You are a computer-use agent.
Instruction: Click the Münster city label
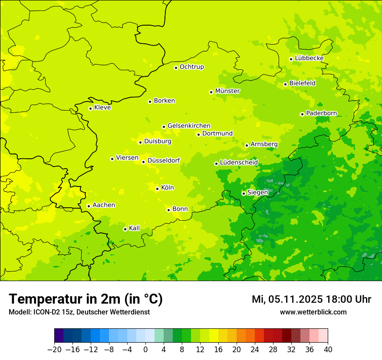point(227,91)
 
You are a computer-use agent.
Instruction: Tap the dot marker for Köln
point(157,189)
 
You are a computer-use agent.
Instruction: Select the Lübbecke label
point(309,58)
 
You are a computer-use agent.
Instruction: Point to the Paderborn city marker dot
point(302,114)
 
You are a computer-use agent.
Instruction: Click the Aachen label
point(104,205)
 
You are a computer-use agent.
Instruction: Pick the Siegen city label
point(257,193)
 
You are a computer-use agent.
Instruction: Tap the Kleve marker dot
point(90,108)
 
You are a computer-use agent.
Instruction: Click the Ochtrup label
point(192,67)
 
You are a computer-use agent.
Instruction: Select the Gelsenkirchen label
point(189,126)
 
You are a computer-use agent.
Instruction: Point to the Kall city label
point(135,228)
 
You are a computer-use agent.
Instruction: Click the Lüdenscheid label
point(239,163)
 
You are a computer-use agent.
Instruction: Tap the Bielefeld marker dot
point(285,84)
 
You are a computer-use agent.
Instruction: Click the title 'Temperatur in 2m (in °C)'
point(86,299)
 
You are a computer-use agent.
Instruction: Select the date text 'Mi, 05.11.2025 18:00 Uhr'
point(311,299)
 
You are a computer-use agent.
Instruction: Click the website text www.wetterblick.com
point(313,312)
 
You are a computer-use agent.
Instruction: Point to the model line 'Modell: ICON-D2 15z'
point(79,312)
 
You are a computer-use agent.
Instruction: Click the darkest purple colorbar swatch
point(59,336)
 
